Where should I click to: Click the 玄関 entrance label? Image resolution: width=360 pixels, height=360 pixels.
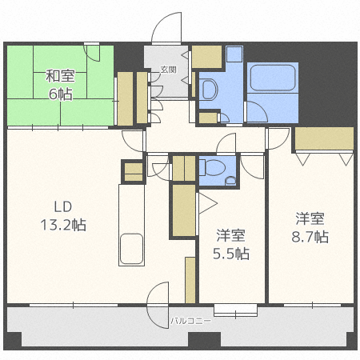pyautogui.click(x=169, y=70)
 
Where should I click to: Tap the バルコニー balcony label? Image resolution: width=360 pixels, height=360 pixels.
pyautogui.click(x=190, y=321)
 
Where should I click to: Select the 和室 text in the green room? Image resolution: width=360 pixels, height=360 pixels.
pyautogui.click(x=60, y=76)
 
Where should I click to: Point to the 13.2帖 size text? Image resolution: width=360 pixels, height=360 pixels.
pyautogui.click(x=63, y=225)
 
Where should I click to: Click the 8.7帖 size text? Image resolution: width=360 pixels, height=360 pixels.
pyautogui.click(x=310, y=237)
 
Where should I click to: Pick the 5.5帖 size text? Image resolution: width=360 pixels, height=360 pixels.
pyautogui.click(x=231, y=254)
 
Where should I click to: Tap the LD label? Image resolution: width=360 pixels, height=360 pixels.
pyautogui.click(x=63, y=206)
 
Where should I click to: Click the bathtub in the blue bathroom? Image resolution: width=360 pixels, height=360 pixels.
pyautogui.click(x=273, y=78)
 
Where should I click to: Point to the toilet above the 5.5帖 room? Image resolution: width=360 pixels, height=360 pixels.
pyautogui.click(x=213, y=167)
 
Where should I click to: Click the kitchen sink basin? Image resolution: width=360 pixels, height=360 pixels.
pyautogui.click(x=131, y=249)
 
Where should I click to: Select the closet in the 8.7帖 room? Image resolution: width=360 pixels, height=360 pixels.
pyautogui.click(x=324, y=138)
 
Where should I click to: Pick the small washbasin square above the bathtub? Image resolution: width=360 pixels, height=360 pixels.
pyautogui.click(x=234, y=54)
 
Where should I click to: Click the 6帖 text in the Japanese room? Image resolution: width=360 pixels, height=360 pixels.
pyautogui.click(x=60, y=94)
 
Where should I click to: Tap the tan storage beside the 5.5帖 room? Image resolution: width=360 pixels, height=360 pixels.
pyautogui.click(x=184, y=210)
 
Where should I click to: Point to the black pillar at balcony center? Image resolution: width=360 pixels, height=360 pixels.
pyautogui.click(x=205, y=339)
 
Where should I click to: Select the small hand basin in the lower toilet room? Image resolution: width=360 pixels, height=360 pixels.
pyautogui.click(x=230, y=181)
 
